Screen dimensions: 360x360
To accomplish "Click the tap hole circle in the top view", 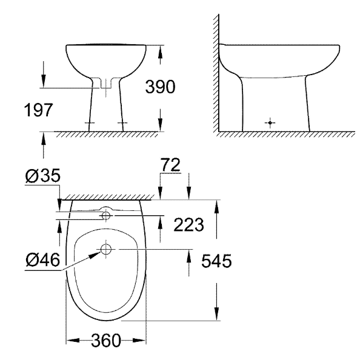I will pyautogui.click(x=107, y=215).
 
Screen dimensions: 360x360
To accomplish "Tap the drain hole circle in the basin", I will pyautogui.click(x=107, y=249).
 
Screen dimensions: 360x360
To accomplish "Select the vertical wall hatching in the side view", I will pyautogui.click(x=215, y=73).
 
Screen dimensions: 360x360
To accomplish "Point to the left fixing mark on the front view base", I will pyautogui.click(x=90, y=124).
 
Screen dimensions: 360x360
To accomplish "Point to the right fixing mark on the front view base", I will pyautogui.click(x=124, y=124).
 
